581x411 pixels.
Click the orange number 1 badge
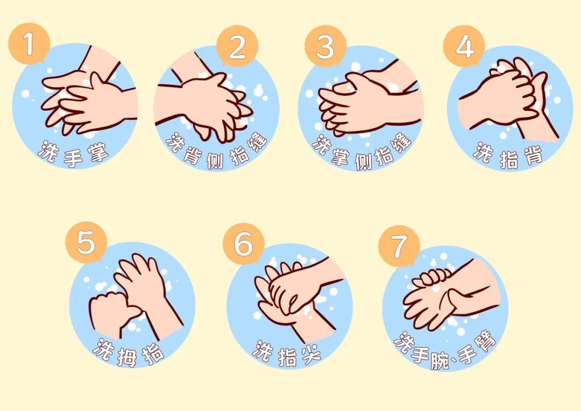tap(29, 44)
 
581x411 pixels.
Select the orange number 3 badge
tap(325, 46)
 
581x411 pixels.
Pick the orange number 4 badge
tap(464, 46)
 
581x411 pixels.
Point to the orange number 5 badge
tap(86, 243)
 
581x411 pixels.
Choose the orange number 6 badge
tap(244, 244)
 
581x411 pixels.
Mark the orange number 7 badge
tap(399, 246)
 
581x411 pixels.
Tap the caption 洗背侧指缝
tap(217, 152)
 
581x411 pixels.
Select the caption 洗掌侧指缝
tap(362, 152)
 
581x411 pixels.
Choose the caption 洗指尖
tap(287, 354)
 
